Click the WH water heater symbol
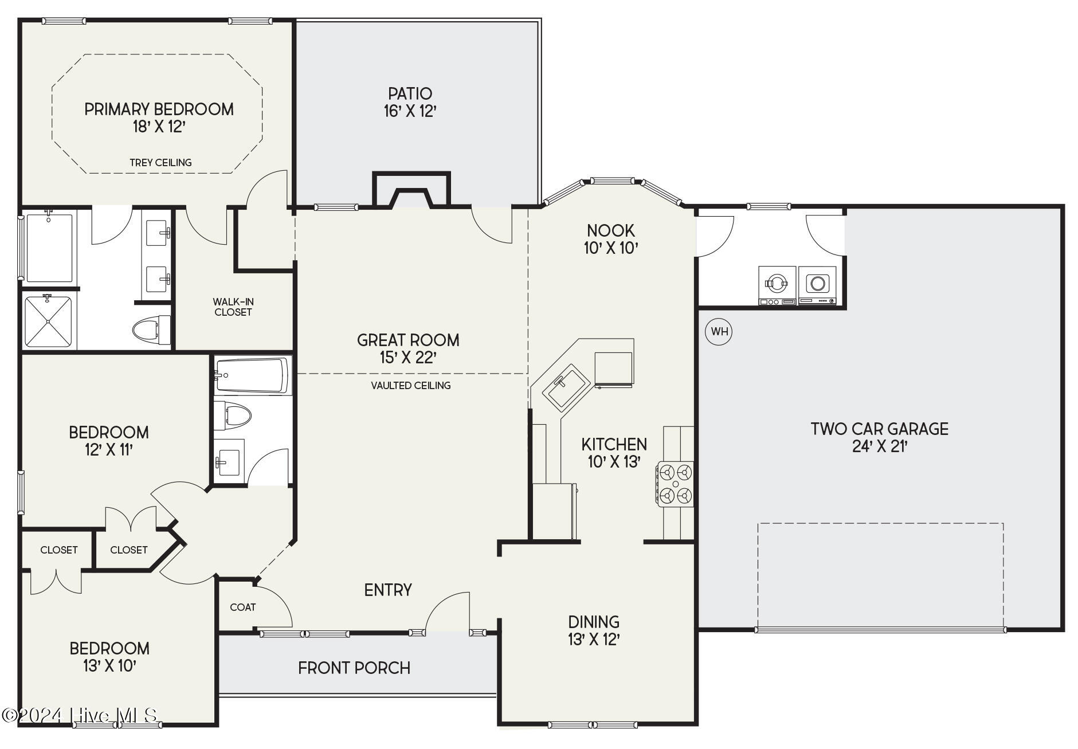pyautogui.click(x=719, y=331)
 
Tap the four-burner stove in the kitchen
pyautogui.click(x=675, y=484)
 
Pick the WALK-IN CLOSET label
pyautogui.click(x=233, y=307)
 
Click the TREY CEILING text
pyautogui.click(x=160, y=163)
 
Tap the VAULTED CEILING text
pyautogui.click(x=411, y=386)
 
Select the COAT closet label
pyautogui.click(x=243, y=607)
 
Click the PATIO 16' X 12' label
pyautogui.click(x=410, y=102)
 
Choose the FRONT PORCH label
pyautogui.click(x=354, y=668)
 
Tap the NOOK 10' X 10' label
pyautogui.click(x=611, y=239)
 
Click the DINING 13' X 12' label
pyautogui.click(x=594, y=630)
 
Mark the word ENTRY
pyautogui.click(x=388, y=590)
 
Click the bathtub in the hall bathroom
pyautogui.click(x=252, y=375)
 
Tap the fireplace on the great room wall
pyautogui.click(x=411, y=190)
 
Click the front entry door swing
pyautogui.click(x=448, y=612)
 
